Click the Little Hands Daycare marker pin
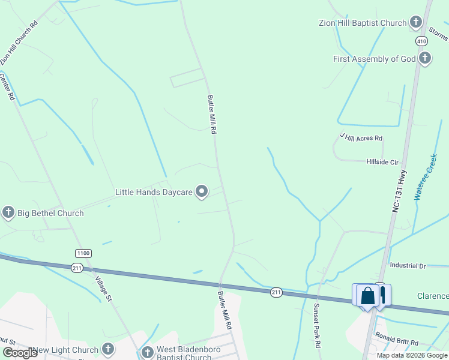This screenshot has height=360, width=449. pyautogui.click(x=202, y=191)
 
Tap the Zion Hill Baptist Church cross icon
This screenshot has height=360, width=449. pyautogui.click(x=415, y=23)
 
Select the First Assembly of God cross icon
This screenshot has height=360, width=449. pyautogui.click(x=425, y=58)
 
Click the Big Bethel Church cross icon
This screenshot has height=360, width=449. pyautogui.click(x=8, y=212)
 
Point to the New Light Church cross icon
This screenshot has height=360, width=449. pyautogui.click(x=108, y=349)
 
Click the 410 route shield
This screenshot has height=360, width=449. pyautogui.click(x=421, y=41)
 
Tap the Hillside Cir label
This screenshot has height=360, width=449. pyautogui.click(x=382, y=162)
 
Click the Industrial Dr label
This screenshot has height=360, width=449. pyautogui.click(x=407, y=265)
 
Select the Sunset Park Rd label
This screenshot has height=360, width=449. pyautogui.click(x=317, y=325)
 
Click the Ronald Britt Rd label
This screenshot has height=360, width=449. pyautogui.click(x=396, y=340)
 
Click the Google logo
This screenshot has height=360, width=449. pyautogui.click(x=20, y=352)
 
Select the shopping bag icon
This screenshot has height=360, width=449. pyautogui.click(x=367, y=296)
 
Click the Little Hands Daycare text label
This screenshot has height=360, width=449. pyautogui.click(x=153, y=192)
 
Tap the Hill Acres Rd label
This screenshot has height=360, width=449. pyautogui.click(x=361, y=138)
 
